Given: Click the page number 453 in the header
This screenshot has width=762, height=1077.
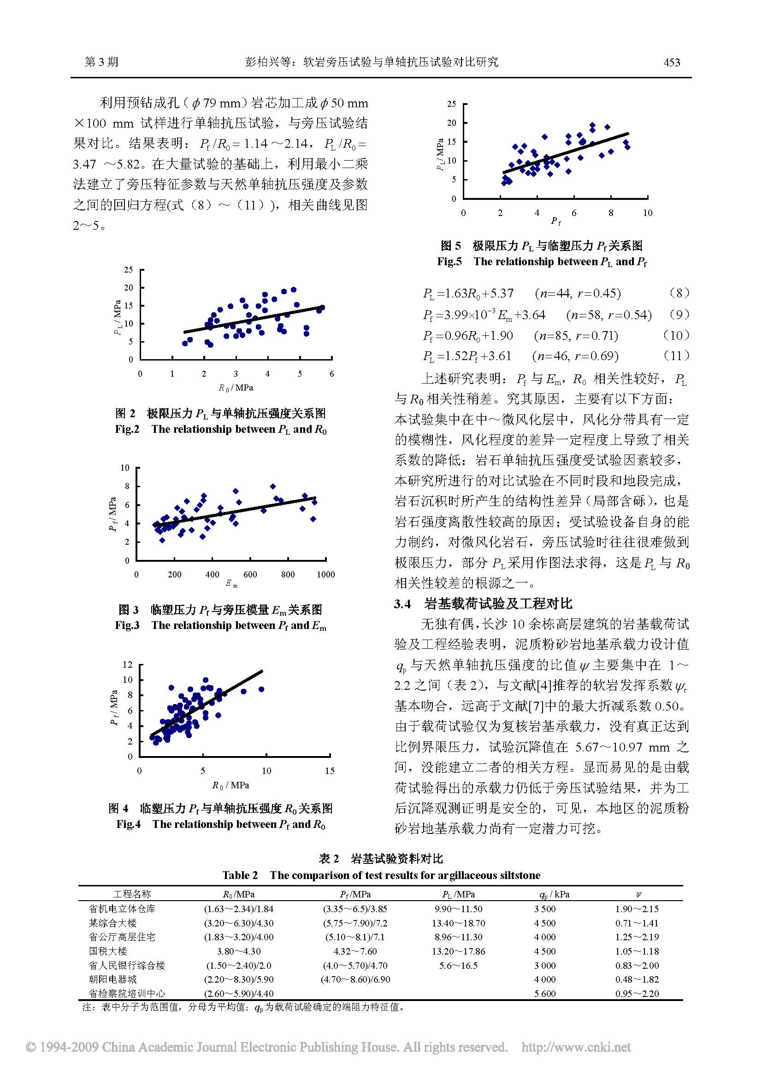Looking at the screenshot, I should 671,62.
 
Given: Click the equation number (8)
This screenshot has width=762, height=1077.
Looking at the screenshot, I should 679,293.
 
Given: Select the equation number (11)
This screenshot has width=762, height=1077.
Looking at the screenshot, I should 677,355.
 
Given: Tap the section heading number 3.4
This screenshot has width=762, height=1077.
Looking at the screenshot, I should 402,604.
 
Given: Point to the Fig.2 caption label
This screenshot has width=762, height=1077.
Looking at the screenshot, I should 127,429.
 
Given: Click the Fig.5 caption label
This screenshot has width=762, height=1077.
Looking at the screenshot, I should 449,261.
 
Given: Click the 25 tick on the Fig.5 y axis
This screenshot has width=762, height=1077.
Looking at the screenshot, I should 451,104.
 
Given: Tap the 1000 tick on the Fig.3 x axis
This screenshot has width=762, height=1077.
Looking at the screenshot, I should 325,574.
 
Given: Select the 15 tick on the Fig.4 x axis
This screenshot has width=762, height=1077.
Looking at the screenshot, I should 330,770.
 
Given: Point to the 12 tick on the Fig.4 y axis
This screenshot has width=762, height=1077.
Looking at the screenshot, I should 128,664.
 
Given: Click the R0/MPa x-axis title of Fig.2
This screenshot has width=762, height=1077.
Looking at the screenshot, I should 236,387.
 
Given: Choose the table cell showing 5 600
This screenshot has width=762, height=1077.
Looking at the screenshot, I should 544,993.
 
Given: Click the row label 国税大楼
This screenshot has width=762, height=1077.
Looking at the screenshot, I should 108,951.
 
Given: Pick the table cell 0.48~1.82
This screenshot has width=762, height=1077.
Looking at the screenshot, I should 637,979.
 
